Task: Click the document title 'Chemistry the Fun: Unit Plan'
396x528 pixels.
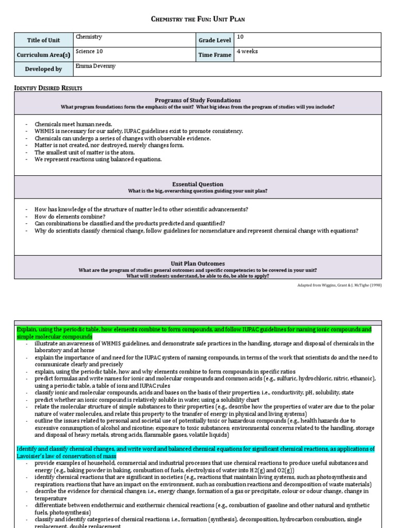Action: [198, 19]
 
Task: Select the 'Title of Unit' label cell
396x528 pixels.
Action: [43, 40]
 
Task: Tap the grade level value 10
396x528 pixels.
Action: [240, 37]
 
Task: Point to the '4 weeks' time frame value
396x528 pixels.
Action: [247, 51]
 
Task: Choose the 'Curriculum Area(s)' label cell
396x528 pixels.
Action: [43, 55]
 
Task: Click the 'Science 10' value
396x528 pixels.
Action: [89, 51]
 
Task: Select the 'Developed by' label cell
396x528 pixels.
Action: [43, 69]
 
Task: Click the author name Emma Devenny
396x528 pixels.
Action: [96, 65]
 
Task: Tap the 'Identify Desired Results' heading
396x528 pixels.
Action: [48, 88]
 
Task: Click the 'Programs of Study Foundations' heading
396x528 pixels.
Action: [197, 100]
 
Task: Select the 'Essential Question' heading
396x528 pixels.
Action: [197, 184]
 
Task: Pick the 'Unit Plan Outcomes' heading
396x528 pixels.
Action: [197, 263]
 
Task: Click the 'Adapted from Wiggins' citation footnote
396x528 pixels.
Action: [339, 285]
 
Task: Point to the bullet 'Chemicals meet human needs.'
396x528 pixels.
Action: [73, 124]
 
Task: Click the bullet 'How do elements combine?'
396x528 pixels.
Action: [70, 217]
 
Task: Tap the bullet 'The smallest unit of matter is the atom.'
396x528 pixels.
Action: [84, 153]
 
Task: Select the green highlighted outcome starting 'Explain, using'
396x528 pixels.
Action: [194, 333]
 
